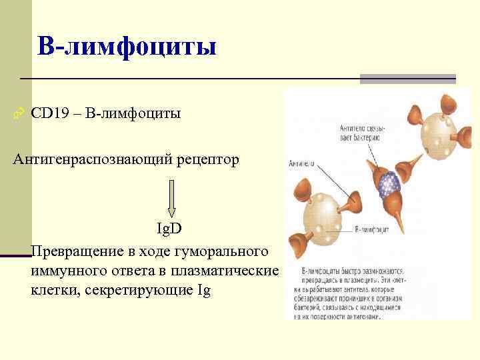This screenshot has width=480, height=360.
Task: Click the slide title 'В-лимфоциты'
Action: (x=127, y=47)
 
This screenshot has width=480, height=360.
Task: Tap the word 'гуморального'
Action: (x=221, y=252)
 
